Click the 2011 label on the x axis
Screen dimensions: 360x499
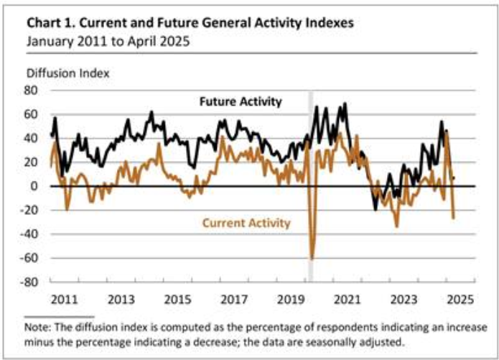[x=63, y=297]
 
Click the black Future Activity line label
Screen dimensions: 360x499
[x=240, y=101]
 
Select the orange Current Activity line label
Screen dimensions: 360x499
[x=246, y=223]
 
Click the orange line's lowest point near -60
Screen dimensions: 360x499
[x=312, y=258]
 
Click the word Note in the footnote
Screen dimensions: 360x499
[x=37, y=327]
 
